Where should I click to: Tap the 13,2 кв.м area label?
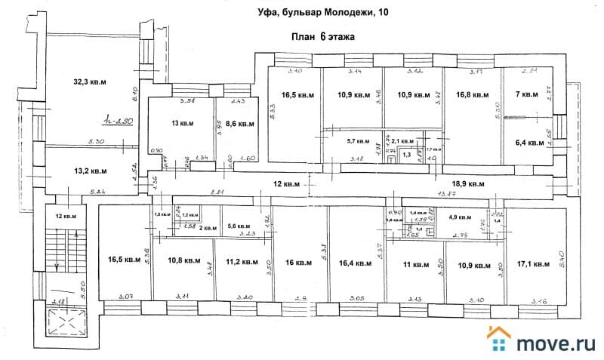click(x=89, y=171)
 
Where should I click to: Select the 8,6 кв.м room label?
click(x=232, y=123)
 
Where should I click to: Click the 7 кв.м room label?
click(x=525, y=95)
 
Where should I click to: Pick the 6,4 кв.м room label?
click(x=529, y=142)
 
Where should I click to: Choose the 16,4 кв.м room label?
click(x=355, y=263)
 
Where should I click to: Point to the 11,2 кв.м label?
click(x=242, y=263)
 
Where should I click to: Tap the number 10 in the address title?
click(x=384, y=11)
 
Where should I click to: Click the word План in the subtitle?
click(x=304, y=35)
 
